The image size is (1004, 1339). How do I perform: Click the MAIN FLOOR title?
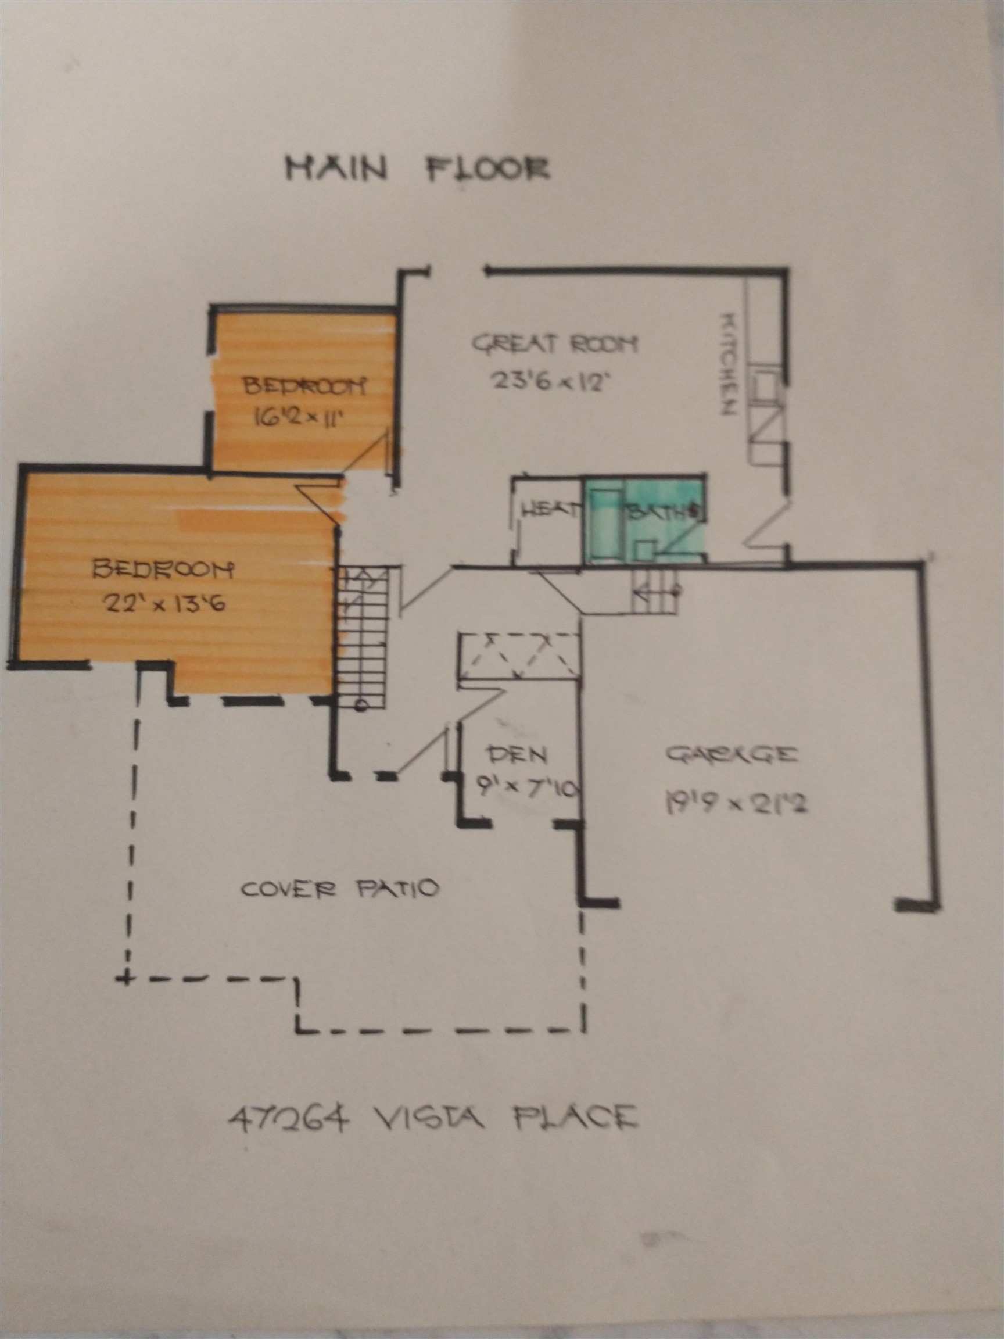(x=418, y=169)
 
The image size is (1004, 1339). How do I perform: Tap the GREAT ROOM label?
(x=554, y=345)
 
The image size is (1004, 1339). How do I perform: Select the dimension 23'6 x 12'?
(x=548, y=382)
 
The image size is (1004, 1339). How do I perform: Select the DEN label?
(x=518, y=754)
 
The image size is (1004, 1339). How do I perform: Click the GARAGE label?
(x=731, y=755)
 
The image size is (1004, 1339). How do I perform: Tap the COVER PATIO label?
(x=339, y=889)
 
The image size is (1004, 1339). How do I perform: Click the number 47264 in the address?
(x=289, y=1115)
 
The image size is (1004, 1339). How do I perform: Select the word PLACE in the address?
(x=575, y=1115)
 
